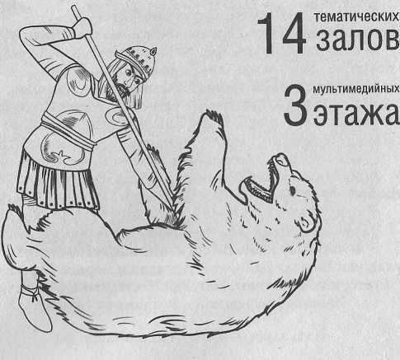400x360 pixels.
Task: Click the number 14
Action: click(282, 33)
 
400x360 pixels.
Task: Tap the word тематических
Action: click(356, 17)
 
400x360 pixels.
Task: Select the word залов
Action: click(357, 40)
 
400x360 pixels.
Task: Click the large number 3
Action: click(295, 105)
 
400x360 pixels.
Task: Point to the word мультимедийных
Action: click(356, 89)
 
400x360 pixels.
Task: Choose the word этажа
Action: click(355, 113)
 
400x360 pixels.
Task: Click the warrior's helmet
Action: click(137, 60)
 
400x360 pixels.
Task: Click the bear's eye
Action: click(293, 190)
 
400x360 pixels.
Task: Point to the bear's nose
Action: click(282, 159)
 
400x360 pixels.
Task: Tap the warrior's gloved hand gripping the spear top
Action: click(82, 27)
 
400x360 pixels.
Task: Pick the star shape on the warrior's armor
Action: click(61, 157)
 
